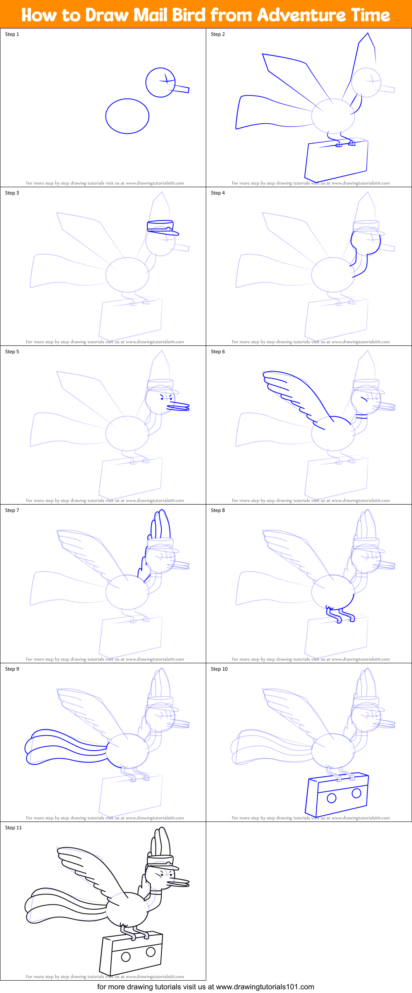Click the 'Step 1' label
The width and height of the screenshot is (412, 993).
coord(12,34)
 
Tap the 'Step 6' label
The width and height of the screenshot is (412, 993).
coord(218,352)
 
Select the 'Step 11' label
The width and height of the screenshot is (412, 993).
coord(13,828)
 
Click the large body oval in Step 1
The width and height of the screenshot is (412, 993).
coord(127,116)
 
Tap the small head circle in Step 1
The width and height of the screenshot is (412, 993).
coord(160,82)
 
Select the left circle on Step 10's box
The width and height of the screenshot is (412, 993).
coord(332,798)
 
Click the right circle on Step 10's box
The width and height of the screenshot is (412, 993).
coord(357,793)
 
